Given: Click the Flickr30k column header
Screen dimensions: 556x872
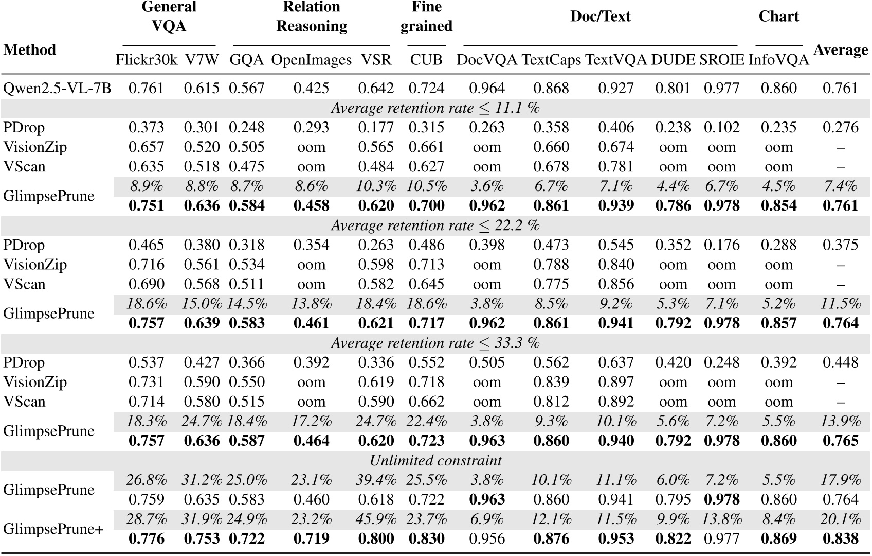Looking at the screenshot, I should tap(146, 60).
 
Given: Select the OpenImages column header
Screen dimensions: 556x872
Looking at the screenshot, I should tap(311, 60).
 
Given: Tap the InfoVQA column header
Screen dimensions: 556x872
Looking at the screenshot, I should tap(778, 60).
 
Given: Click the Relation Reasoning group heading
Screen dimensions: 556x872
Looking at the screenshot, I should tap(311, 16).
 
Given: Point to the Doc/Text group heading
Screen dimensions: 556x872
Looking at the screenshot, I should tap(600, 16).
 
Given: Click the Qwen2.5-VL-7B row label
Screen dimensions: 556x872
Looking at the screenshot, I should tap(57, 88).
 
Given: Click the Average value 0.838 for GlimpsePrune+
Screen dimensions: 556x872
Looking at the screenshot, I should tap(840, 538).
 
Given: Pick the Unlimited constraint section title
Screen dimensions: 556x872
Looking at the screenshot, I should tap(435, 460).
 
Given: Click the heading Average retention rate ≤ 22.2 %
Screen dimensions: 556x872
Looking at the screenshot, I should tap(435, 225).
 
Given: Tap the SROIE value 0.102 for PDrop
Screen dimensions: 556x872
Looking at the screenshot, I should tap(721, 127).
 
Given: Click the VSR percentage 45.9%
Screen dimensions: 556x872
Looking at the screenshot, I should tap(376, 519).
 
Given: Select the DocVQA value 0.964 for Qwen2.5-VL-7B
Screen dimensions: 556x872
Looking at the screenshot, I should tap(486, 88).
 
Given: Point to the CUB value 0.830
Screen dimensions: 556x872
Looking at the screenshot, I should tap(426, 538).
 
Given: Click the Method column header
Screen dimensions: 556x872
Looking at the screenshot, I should tap(29, 50).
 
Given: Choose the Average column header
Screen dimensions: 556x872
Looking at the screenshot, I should tap(840, 50).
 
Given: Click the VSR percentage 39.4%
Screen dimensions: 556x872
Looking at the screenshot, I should tap(376, 480).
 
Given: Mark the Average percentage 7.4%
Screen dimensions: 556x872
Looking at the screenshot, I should tap(840, 186).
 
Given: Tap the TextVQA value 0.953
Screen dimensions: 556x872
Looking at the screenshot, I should tap(615, 538).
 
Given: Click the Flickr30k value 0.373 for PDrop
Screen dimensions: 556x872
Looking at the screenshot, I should tap(146, 127).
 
